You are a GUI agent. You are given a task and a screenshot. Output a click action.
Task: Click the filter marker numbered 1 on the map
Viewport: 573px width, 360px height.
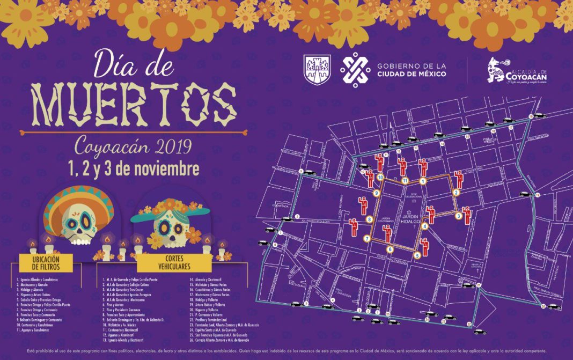pyautogui.click(x=423, y=181)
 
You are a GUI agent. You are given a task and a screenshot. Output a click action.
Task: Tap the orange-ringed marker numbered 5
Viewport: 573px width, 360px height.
pyautogui.click(x=417, y=255)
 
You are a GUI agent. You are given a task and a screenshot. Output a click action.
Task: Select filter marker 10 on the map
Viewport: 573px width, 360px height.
pyautogui.click(x=380, y=177)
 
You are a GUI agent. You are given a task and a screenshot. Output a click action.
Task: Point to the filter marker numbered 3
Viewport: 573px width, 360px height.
pyautogui.click(x=459, y=216)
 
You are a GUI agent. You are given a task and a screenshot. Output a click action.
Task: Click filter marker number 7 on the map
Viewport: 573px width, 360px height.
pyautogui.click(x=367, y=239)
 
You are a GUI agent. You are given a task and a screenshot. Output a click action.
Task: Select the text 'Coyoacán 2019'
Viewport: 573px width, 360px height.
pyautogui.click(x=133, y=145)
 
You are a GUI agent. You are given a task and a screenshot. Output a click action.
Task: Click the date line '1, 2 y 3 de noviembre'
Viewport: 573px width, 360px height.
pyautogui.click(x=134, y=169)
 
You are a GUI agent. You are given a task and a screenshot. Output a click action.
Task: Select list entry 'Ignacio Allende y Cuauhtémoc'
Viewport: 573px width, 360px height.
pyautogui.click(x=38, y=280)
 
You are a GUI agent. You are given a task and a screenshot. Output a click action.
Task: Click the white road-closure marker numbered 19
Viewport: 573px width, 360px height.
pyautogui.click(x=537, y=195)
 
